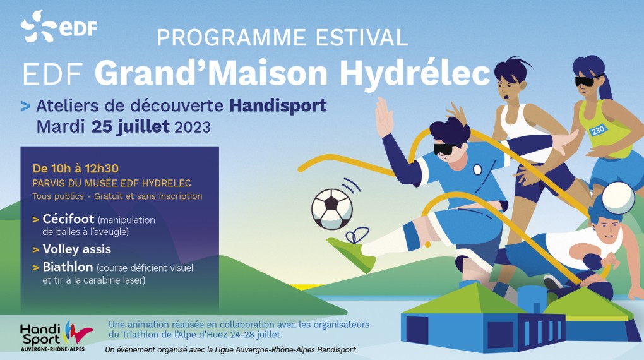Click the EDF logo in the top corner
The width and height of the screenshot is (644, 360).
pyautogui.click(x=59, y=27)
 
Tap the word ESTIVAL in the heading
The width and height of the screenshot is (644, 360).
pyautogui.click(x=362, y=38)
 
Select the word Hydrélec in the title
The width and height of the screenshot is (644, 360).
pyautogui.click(x=415, y=74)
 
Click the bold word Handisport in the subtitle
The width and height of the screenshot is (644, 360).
pyautogui.click(x=278, y=105)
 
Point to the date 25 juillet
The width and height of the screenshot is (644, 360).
pyautogui.click(x=130, y=126)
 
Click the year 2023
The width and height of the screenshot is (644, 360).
pyautogui.click(x=193, y=127)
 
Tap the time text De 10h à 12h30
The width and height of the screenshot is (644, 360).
pyautogui.click(x=76, y=169)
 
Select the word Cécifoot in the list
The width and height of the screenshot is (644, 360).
pyautogui.click(x=68, y=219)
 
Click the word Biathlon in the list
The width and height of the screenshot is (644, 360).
pyautogui.click(x=68, y=267)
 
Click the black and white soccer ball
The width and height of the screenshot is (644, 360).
pyautogui.click(x=332, y=209)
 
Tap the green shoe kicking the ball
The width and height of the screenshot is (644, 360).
pyautogui.click(x=351, y=253)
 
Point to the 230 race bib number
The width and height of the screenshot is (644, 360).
pyautogui.click(x=597, y=130)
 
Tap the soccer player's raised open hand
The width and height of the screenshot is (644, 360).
pyautogui.click(x=385, y=117)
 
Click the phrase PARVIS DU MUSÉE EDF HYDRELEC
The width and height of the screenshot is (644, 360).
pyautogui.click(x=112, y=183)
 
